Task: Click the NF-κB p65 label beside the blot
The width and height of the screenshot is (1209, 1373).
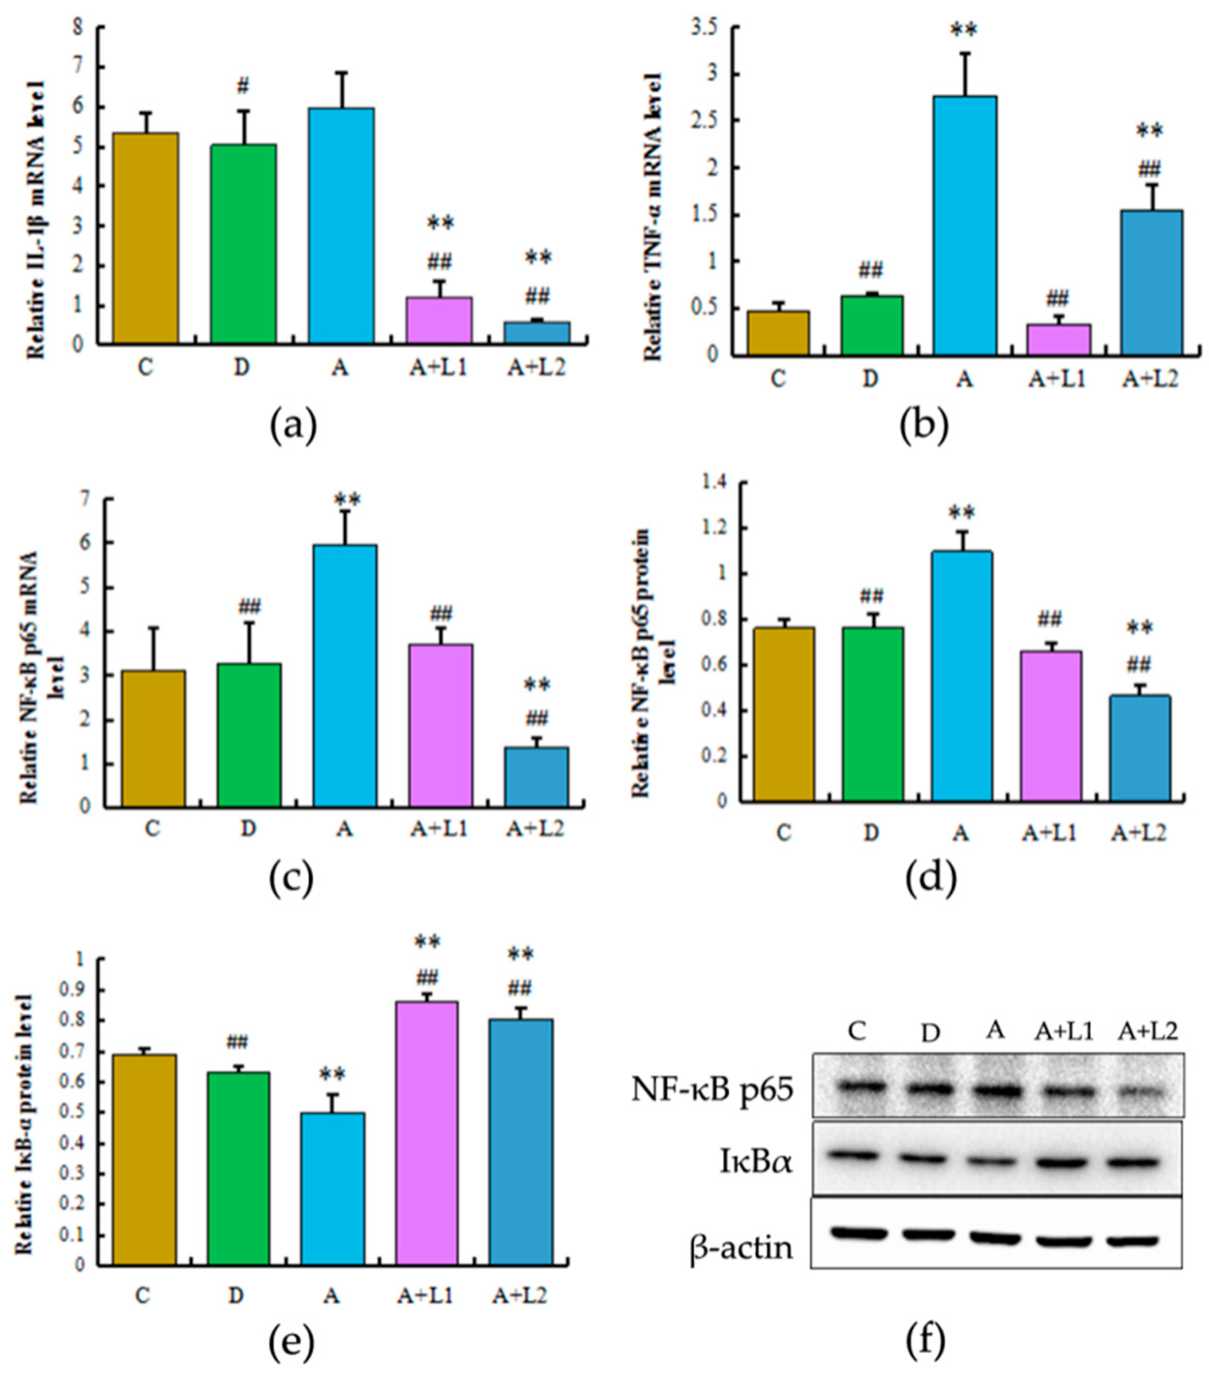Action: pos(713,1091)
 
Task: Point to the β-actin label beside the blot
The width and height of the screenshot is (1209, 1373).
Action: pos(741,1248)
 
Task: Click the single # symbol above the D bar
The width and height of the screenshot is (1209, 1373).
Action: pos(243,86)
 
